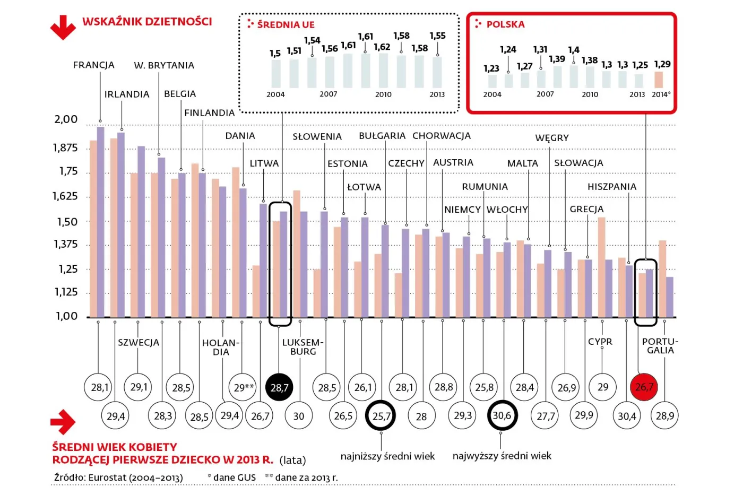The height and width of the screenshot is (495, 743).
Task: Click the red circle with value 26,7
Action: [x=644, y=387]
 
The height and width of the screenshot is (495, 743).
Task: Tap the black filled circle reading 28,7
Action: [x=279, y=387]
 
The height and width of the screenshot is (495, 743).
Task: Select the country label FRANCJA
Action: [x=93, y=65]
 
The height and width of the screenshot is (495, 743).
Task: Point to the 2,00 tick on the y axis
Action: [x=66, y=119]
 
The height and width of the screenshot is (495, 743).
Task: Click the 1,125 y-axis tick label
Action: [x=66, y=292]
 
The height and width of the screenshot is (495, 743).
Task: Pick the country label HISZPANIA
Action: [x=611, y=187]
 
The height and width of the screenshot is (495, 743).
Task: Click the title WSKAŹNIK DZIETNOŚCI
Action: [x=147, y=22]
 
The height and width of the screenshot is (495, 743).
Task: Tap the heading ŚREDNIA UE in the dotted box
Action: [x=286, y=24]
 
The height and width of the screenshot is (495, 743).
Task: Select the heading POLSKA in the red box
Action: [x=505, y=24]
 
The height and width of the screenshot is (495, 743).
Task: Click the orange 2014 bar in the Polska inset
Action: [x=659, y=80]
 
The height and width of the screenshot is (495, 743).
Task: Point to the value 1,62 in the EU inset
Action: [x=382, y=47]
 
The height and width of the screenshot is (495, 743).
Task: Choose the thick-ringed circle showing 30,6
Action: [x=502, y=415]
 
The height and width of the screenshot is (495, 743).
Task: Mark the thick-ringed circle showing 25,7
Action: [x=381, y=416]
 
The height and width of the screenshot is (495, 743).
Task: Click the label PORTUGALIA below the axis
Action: [x=660, y=346]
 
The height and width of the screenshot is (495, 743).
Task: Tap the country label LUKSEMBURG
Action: [x=303, y=347]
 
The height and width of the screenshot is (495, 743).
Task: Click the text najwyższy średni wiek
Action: [x=502, y=456]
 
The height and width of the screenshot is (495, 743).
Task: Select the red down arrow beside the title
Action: [x=63, y=27]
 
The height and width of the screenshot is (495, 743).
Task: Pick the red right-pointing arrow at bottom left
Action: [x=63, y=422]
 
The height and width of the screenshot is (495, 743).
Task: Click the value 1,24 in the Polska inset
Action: [x=507, y=49]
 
